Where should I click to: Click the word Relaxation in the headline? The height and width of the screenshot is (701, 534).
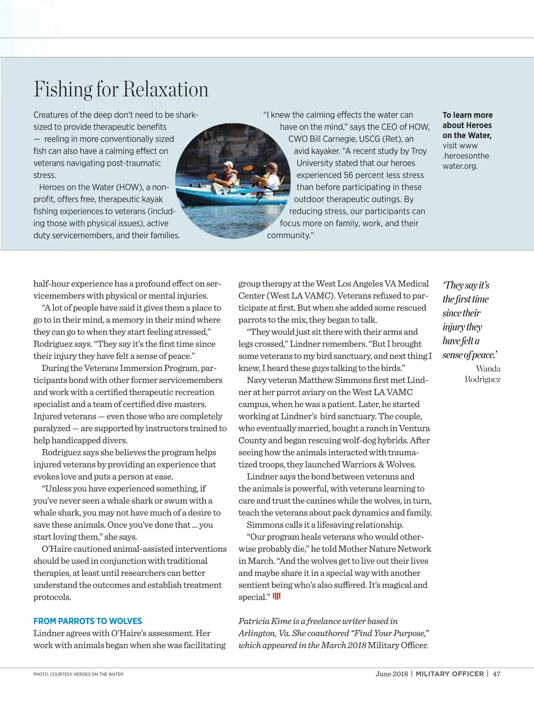pos(166,89)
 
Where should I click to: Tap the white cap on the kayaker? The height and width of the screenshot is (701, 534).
pos(228,164)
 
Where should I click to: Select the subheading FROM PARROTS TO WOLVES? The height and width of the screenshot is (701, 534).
pos(88,621)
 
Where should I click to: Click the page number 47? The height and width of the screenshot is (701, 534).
pos(497,674)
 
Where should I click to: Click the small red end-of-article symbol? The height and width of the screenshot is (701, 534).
pos(277,596)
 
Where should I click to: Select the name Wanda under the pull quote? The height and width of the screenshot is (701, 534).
pos(488,369)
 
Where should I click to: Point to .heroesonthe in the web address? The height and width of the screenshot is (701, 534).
pos(466,156)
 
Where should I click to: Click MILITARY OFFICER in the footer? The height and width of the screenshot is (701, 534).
pos(449,674)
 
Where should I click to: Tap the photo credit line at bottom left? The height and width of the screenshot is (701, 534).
pos(78,674)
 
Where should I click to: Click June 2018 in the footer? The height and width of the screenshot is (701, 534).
pos(392,674)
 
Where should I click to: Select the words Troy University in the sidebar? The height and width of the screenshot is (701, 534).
pos(383,157)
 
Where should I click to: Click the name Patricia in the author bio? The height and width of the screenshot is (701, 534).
pos(255,621)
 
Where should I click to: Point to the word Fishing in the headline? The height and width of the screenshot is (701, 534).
pos(63,89)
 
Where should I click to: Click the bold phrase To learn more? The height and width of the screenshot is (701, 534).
pos(467,115)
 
